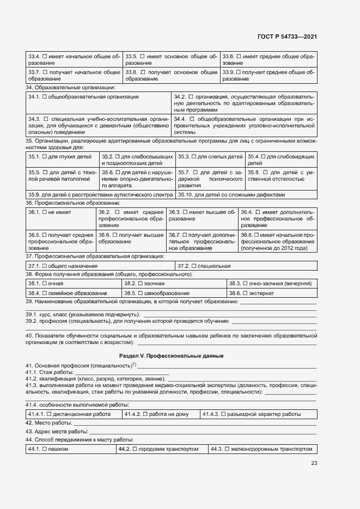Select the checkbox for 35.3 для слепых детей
point(194,156)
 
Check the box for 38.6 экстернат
point(246,293)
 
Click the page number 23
point(314,463)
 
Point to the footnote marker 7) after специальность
point(133,363)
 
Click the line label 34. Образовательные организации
point(70,87)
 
